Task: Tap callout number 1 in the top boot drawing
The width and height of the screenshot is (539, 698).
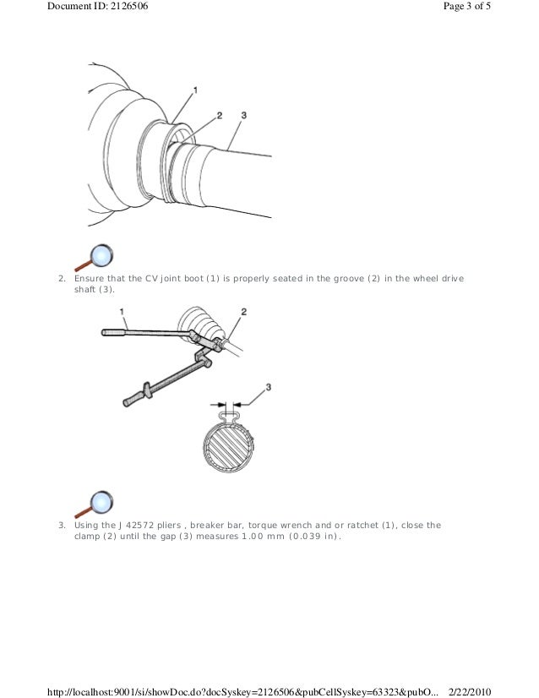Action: (x=195, y=89)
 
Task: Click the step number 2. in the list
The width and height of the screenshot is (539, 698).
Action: (x=61, y=278)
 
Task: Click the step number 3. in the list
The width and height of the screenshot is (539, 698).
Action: (x=61, y=525)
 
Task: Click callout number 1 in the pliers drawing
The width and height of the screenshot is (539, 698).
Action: (x=123, y=312)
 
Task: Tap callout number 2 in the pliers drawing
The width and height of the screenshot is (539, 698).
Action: (x=243, y=312)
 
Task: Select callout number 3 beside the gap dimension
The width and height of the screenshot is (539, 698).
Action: (x=269, y=387)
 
